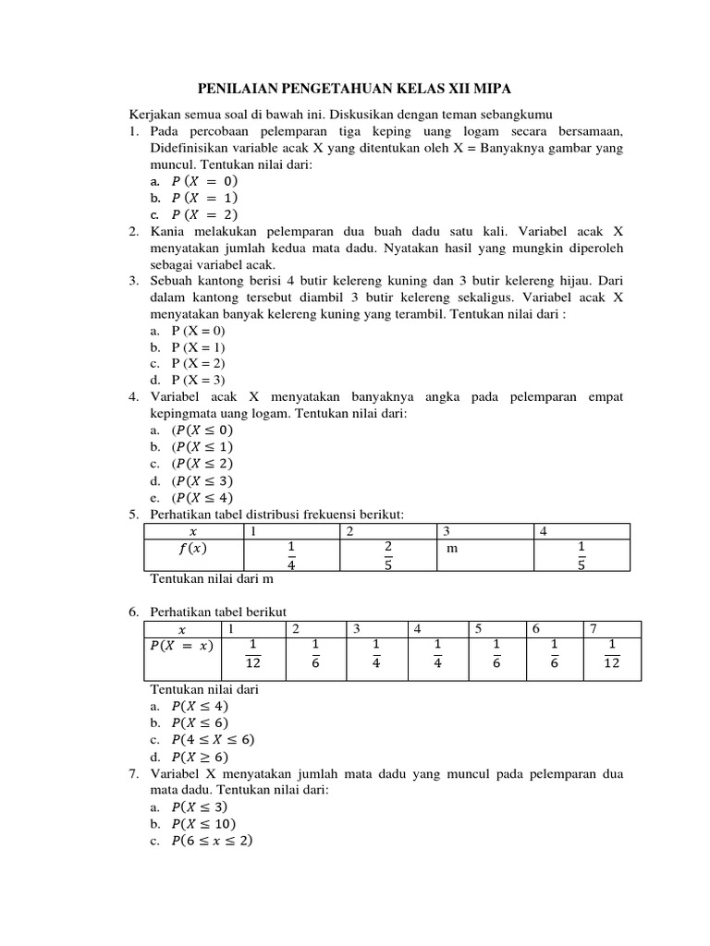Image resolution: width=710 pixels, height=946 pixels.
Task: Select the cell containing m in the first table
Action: click(x=452, y=548)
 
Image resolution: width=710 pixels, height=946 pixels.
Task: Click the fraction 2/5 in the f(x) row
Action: click(x=388, y=555)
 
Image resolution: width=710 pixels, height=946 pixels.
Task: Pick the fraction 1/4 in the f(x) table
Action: click(x=291, y=555)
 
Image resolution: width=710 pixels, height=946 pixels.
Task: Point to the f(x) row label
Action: click(x=193, y=548)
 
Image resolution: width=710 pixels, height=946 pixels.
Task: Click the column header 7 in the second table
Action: click(x=594, y=628)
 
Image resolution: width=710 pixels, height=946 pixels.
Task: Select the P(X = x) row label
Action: click(x=179, y=645)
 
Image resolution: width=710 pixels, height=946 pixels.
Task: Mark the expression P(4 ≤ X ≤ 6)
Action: click(x=213, y=739)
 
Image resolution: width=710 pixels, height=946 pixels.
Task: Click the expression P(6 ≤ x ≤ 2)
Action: click(x=212, y=841)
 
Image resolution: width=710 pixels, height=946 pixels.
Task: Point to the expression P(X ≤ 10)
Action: click(x=203, y=823)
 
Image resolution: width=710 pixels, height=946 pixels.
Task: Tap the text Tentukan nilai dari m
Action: click(x=212, y=580)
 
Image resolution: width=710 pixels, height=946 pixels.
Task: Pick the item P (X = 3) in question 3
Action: click(x=198, y=380)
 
